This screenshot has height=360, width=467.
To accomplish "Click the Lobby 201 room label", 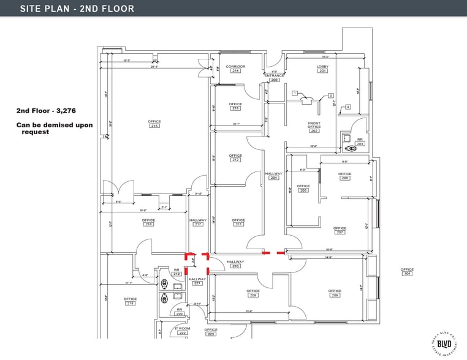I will click(x=322, y=68).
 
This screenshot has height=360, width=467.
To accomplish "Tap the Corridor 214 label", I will click(x=235, y=68).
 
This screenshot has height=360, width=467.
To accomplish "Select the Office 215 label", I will click(x=154, y=123).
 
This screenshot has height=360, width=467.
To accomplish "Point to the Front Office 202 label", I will click(x=314, y=127).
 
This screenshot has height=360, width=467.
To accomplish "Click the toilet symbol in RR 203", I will click(x=351, y=148).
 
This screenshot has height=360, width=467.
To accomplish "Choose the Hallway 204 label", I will click(x=273, y=176).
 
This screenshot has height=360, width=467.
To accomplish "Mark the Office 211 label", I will click(x=238, y=222).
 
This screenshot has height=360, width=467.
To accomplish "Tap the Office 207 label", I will click(x=340, y=230).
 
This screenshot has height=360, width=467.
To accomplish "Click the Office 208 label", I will click(x=335, y=293).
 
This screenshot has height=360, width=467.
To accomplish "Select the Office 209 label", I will click(x=253, y=293).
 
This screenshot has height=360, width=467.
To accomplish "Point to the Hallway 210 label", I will click(x=235, y=264).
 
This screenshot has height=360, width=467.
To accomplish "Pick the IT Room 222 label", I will click(x=182, y=330).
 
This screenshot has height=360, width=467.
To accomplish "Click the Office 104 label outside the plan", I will click(x=407, y=271).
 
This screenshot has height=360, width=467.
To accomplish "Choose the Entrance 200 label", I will click(x=274, y=77).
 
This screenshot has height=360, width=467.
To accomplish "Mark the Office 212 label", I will click(x=235, y=157).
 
